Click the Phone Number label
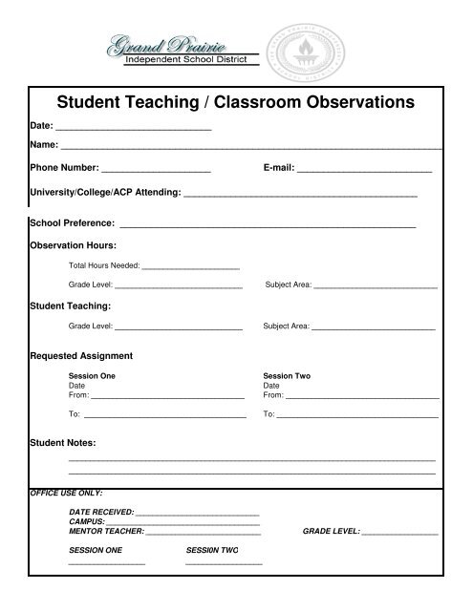click(64, 167)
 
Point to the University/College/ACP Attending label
click(105, 193)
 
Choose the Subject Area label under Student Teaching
click(286, 327)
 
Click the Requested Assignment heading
click(81, 356)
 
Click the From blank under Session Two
click(362, 395)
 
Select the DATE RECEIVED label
click(102, 513)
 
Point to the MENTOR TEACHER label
click(106, 531)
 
